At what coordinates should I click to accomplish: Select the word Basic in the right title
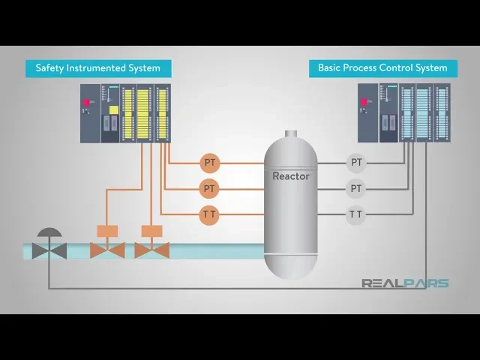[x=331, y=68]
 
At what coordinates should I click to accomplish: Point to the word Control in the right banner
[x=397, y=68]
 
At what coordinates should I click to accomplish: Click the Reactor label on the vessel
[x=290, y=176]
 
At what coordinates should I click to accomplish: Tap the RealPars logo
[x=405, y=283]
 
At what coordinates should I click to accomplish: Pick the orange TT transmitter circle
[x=209, y=214]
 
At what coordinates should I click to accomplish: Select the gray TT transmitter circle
[x=356, y=214]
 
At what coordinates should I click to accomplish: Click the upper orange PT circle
[x=209, y=162]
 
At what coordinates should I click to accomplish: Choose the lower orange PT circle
[x=209, y=188]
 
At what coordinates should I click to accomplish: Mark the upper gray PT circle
[x=356, y=162]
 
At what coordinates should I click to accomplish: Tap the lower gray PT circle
[x=356, y=188]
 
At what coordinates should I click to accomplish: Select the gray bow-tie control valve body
[x=49, y=250]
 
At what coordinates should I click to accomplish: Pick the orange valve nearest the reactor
[x=151, y=250]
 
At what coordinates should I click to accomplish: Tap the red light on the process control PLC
[x=365, y=102]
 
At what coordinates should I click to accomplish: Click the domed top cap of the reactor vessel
[x=290, y=139]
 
